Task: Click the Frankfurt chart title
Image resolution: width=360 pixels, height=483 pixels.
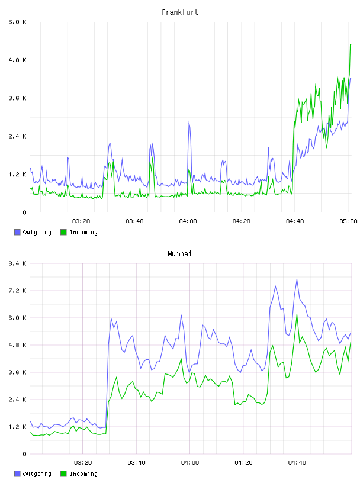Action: [x=180, y=12]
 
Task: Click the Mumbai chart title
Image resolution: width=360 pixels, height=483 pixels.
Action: [x=179, y=254]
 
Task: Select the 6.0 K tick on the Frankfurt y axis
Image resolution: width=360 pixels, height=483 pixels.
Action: [x=17, y=22]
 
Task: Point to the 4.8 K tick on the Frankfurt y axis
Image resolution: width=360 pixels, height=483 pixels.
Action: [x=17, y=60]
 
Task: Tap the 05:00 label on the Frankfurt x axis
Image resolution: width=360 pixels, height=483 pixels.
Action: [x=348, y=221]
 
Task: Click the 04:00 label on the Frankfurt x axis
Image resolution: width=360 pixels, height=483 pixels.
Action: [x=188, y=221]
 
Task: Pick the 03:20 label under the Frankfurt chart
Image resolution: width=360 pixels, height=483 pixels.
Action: [x=81, y=221]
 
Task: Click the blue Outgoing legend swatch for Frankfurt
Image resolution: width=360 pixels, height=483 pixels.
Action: [x=17, y=232]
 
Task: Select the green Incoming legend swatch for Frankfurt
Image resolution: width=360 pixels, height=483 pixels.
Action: [x=63, y=232]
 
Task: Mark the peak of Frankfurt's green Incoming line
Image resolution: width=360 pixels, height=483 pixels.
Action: [x=351, y=44]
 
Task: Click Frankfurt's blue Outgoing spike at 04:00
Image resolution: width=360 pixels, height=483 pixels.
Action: [x=189, y=122]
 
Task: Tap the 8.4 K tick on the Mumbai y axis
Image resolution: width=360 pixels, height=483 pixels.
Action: [x=17, y=263]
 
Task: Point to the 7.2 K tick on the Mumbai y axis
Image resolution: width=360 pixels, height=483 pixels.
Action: [x=17, y=291]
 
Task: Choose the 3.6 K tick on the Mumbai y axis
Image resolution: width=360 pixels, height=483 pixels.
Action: [x=17, y=372]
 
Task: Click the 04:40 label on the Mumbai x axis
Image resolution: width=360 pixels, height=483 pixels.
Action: [x=297, y=463]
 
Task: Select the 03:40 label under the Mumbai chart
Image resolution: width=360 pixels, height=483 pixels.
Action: [x=136, y=463]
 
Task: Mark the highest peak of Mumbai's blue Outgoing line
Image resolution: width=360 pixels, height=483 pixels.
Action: [x=297, y=278]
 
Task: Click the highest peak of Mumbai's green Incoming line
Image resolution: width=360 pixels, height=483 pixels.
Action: [x=297, y=313]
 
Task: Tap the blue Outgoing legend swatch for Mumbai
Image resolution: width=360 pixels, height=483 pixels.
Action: [x=17, y=474]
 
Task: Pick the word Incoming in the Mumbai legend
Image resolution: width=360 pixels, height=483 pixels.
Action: [x=83, y=474]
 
